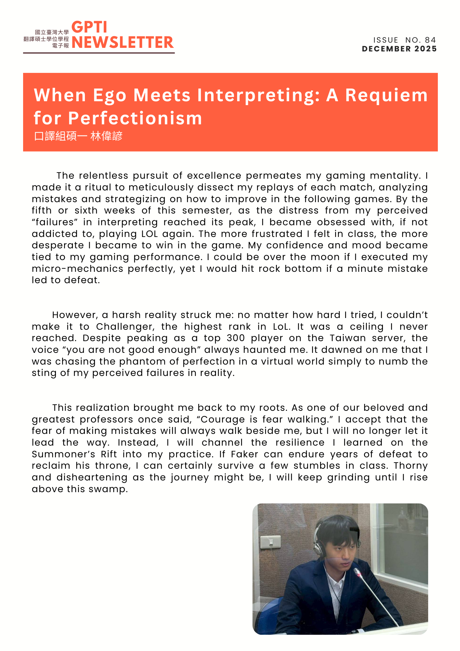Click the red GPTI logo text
[x=89, y=27]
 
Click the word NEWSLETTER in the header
[x=123, y=43]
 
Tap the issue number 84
[x=430, y=40]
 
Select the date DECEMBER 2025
[x=399, y=49]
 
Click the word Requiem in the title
[x=386, y=95]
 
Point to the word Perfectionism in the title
[x=135, y=118]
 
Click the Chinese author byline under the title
[x=78, y=136]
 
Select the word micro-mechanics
[x=77, y=269]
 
